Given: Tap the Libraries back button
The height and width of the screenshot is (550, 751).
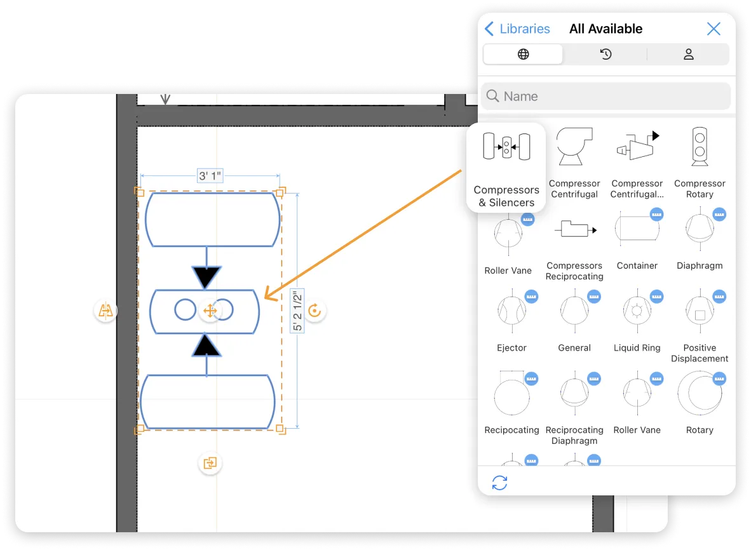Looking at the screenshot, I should point(517,29).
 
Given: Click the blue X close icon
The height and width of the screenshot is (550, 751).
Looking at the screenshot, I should point(714,29).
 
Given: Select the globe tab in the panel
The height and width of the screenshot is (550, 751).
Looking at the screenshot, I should point(523,55).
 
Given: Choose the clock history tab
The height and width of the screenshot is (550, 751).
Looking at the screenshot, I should point(606,55).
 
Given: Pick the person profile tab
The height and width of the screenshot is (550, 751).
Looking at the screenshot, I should point(688,55).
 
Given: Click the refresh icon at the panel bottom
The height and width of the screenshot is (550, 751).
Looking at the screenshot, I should point(500,483).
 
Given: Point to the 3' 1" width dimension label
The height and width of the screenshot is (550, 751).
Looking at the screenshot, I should point(210,176).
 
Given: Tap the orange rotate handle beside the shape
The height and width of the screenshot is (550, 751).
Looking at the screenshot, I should point(315,311).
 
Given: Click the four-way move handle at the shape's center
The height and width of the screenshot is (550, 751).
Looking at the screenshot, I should point(210,311).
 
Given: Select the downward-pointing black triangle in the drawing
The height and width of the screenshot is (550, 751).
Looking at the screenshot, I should point(206,277).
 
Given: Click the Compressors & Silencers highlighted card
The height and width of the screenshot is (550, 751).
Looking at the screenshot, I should point(506,167).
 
